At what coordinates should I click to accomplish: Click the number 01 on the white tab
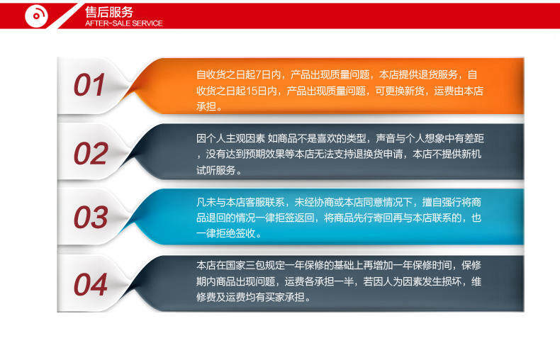(x=89, y=84)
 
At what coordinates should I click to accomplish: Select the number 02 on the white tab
(x=91, y=153)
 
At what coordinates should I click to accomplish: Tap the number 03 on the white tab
(x=91, y=217)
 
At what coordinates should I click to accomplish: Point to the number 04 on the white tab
(x=90, y=284)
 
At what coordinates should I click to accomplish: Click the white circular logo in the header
(x=36, y=16)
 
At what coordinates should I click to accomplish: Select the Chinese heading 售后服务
(x=109, y=12)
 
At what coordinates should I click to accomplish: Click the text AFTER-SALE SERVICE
(x=124, y=23)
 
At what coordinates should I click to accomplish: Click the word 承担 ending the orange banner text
(x=206, y=106)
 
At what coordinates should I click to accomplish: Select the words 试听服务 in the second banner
(x=215, y=170)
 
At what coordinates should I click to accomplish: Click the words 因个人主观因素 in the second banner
(x=230, y=138)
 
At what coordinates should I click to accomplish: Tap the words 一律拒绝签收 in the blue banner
(x=225, y=233)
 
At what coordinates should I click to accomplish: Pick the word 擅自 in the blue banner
(x=432, y=202)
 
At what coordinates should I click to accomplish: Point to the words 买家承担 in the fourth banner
(x=285, y=297)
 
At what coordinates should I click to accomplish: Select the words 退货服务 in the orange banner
(x=438, y=74)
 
